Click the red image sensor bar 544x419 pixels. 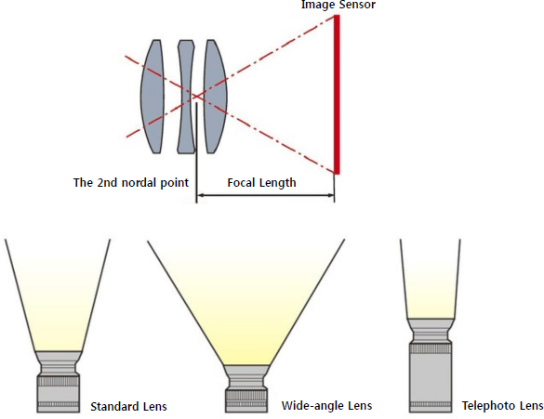337,94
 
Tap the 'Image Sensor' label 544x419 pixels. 338,5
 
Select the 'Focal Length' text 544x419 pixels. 261,183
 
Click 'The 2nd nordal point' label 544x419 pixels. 131,183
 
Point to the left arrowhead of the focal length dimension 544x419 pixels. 200,195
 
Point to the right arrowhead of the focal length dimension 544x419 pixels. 331,195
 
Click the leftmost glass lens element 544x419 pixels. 152,97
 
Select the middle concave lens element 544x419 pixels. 186,97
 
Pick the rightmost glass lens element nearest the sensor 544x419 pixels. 215,97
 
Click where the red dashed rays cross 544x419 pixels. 195,96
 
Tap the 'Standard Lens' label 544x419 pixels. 128,407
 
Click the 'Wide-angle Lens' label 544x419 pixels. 326,406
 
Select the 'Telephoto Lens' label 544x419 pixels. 502,405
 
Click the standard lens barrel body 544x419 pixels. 59,382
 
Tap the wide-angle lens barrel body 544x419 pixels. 246,388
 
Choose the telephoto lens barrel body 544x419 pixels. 431,365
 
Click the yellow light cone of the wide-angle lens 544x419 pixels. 246,305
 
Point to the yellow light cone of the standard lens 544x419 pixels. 58,295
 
